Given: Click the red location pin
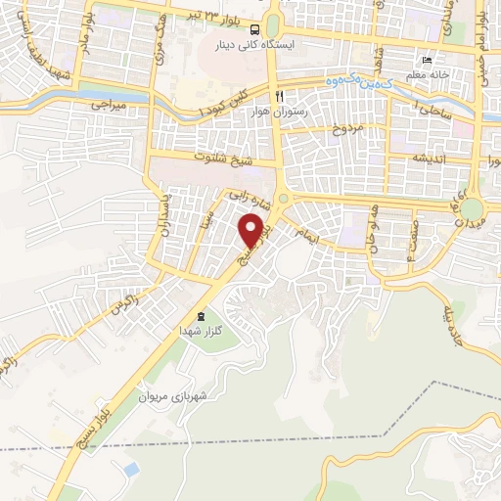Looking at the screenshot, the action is pyautogui.click(x=252, y=230).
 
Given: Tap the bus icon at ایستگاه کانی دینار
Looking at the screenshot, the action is pyautogui.click(x=253, y=29).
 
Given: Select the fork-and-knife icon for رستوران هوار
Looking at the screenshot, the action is pyautogui.click(x=280, y=96).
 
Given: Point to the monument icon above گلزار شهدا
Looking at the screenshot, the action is pyautogui.click(x=201, y=316).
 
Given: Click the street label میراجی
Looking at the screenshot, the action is pyautogui.click(x=110, y=102).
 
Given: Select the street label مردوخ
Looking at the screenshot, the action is pyautogui.click(x=347, y=129).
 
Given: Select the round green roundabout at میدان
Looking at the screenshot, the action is pyautogui.click(x=473, y=209).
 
